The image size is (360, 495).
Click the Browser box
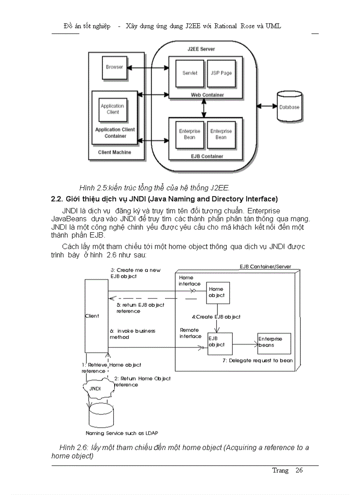tap(114, 67)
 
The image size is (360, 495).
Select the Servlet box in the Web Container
tap(190, 73)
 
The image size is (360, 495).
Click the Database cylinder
tap(289, 106)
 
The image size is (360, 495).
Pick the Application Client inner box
tap(112, 109)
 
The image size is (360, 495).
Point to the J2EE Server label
tap(201, 49)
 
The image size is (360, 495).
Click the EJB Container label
tap(206, 156)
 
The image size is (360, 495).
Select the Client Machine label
tap(114, 152)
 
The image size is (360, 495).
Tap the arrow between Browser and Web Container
tap(148, 67)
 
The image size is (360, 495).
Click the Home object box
tap(218, 293)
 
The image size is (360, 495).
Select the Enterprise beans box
tap(274, 342)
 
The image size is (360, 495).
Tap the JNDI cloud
tap(95, 388)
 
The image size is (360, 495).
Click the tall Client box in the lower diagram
tap(96, 316)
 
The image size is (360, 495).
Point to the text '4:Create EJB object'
tap(216, 316)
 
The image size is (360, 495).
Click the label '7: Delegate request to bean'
tap(258, 361)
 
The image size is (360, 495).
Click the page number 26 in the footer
tap(299, 470)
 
